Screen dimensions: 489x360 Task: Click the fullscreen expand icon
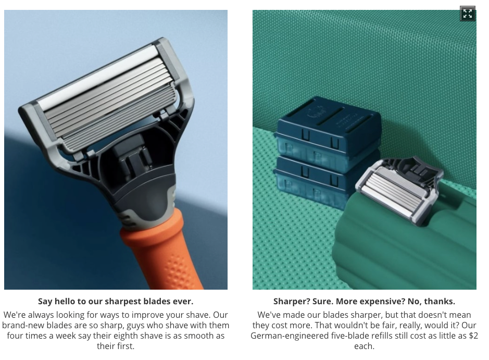pyautogui.click(x=468, y=14)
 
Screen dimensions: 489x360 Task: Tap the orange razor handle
pyautogui.click(x=162, y=250)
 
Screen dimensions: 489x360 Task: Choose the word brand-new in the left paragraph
pyautogui.click(x=24, y=326)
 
